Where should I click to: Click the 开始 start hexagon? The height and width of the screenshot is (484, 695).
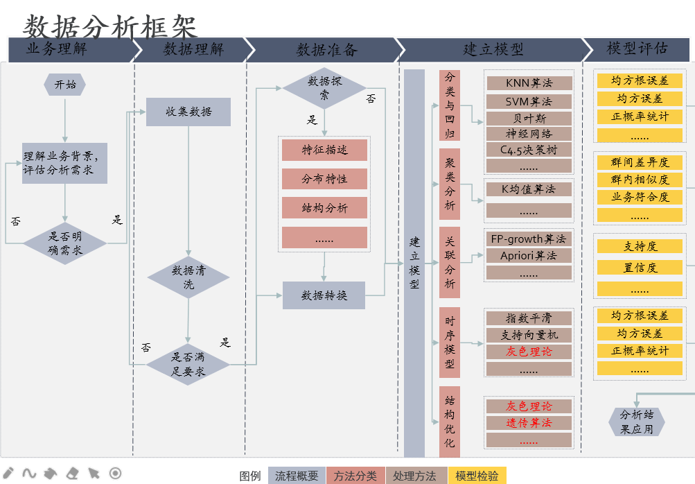65,85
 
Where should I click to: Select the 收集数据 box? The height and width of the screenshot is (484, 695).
188,112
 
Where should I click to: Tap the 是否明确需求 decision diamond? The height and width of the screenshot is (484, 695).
65,243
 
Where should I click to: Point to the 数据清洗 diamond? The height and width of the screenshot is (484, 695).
188,277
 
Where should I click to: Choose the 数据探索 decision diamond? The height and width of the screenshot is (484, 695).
324,87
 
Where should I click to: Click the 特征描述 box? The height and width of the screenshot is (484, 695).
324,150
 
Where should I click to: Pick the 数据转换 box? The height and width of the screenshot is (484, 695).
324,295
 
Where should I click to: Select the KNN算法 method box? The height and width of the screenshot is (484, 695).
529,83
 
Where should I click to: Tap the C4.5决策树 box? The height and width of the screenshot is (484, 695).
529,150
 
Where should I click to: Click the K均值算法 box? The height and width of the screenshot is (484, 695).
529,189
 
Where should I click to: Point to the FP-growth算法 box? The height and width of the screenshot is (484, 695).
529,239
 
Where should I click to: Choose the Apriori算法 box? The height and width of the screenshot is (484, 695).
529,255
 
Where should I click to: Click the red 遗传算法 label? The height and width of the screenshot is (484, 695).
529,423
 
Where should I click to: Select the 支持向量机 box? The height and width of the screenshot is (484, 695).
529,335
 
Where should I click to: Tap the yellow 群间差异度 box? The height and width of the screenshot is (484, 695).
640,162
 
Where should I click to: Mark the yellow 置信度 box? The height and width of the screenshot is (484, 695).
640,267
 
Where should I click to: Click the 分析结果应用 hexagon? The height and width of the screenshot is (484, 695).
636,422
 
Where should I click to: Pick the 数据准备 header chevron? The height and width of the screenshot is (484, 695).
324,50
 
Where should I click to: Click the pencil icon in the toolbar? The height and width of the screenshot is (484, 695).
9,474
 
